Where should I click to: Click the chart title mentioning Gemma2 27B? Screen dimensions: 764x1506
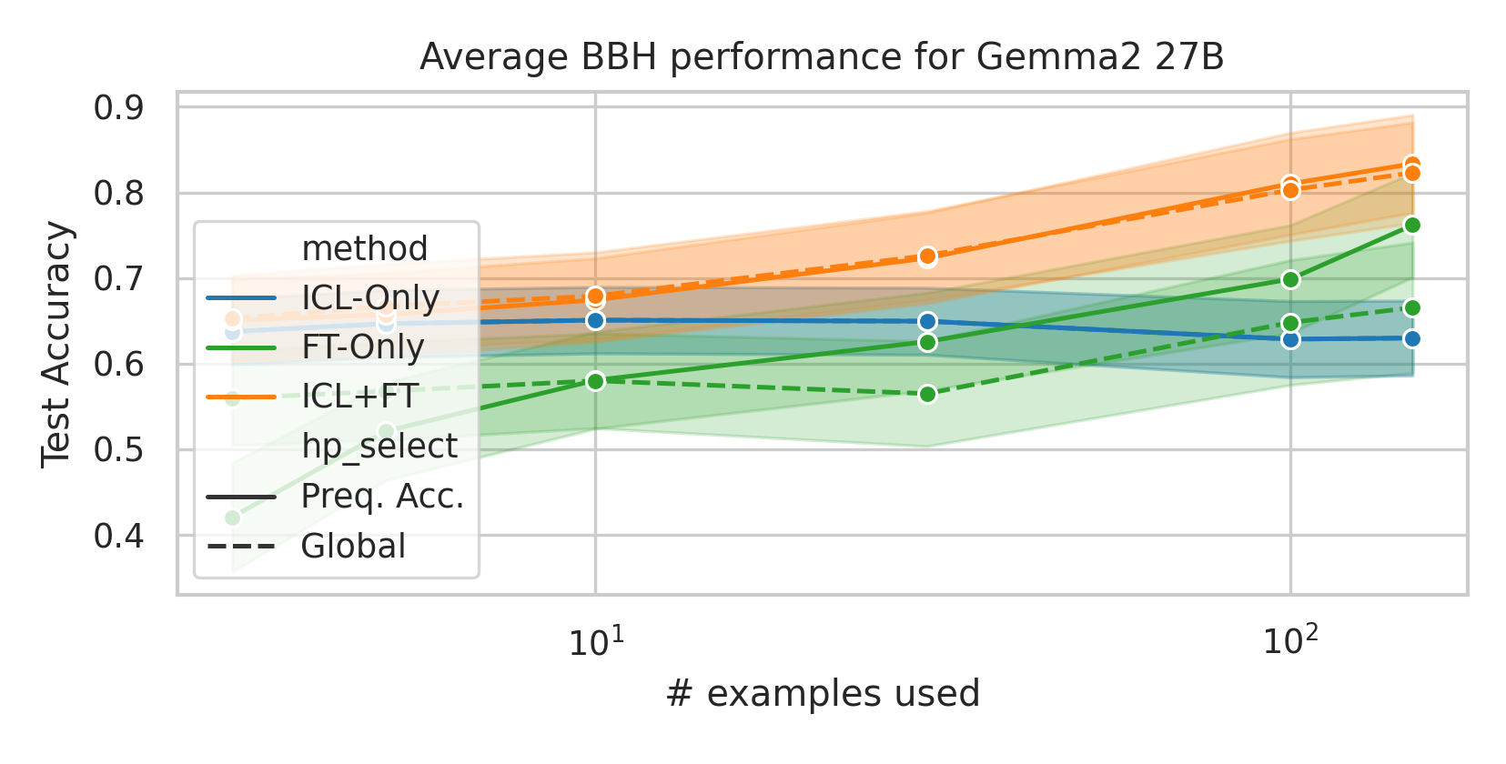point(821,57)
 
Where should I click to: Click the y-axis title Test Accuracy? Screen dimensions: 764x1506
point(56,344)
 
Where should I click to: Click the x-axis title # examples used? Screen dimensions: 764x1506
point(823,694)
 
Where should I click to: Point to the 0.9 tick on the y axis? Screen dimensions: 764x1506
point(118,108)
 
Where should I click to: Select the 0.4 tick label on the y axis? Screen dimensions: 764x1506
point(118,536)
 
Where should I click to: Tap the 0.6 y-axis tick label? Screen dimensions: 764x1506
point(118,365)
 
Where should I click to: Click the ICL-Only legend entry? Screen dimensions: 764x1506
point(369,297)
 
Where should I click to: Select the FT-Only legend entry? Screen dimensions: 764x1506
point(362,347)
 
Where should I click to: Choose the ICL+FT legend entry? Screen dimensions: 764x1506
point(359,397)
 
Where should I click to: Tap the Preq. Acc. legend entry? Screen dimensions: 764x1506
point(382,497)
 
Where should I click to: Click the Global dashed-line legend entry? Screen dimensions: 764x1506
point(353,546)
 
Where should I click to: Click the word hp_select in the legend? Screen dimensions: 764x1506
point(379,447)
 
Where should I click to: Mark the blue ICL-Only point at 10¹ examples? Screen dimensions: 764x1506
point(595,320)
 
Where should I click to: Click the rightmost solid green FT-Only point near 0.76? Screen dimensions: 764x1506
point(1411,225)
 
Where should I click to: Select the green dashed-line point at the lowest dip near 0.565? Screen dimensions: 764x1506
point(927,394)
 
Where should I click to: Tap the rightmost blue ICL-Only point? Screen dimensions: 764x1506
point(1411,338)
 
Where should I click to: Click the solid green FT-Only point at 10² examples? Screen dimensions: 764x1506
point(1289,279)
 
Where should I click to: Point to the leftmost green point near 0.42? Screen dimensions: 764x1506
point(232,518)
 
